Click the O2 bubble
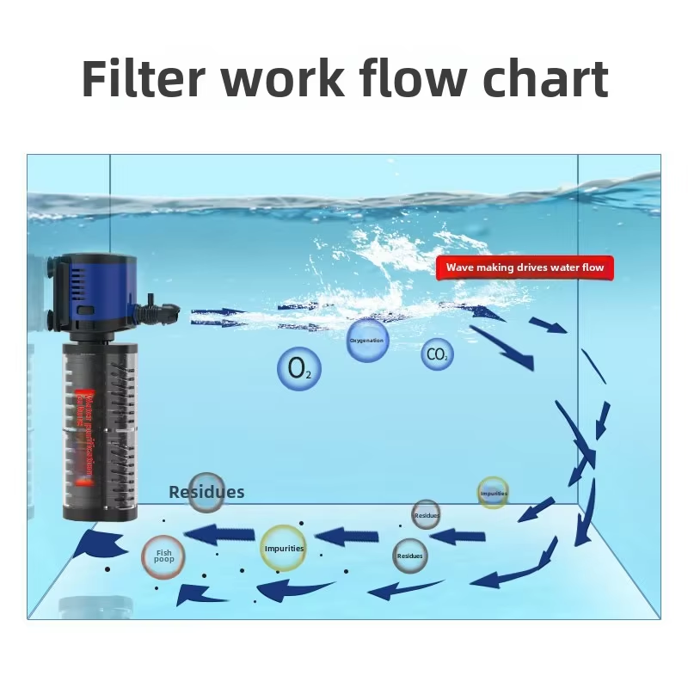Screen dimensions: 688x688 pos(299,369)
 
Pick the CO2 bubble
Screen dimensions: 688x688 pos(437,354)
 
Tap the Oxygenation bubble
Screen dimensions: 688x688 pos(367,341)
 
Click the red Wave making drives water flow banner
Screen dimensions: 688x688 pos(525,267)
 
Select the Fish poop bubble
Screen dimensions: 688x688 pos(163,555)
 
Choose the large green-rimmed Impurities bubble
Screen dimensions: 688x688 pos(283,549)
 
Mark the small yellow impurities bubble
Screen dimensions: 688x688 pos(493,493)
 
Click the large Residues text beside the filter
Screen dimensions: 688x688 pos(206,493)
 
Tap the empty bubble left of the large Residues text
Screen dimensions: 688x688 pos(206,491)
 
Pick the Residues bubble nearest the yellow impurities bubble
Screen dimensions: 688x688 pos(426,514)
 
